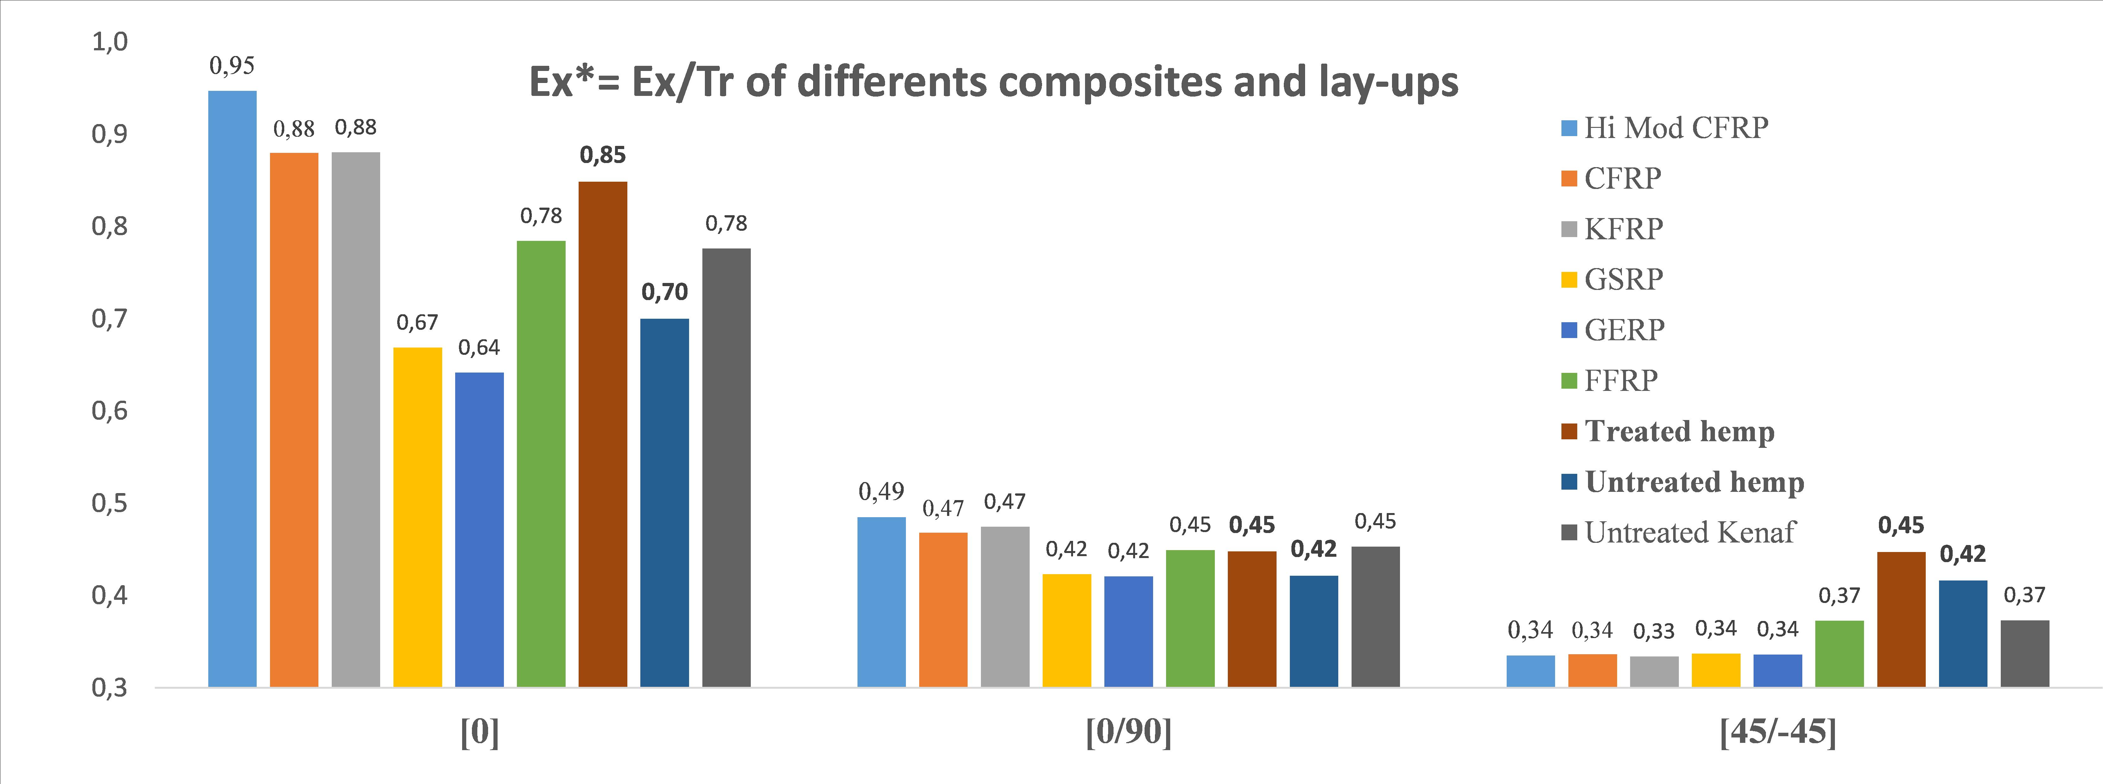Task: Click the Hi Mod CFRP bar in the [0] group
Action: (233, 388)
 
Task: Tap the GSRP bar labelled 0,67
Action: (417, 516)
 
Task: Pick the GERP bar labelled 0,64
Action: (479, 529)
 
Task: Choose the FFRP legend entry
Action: (1621, 380)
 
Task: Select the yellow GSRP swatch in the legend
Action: (1568, 279)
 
